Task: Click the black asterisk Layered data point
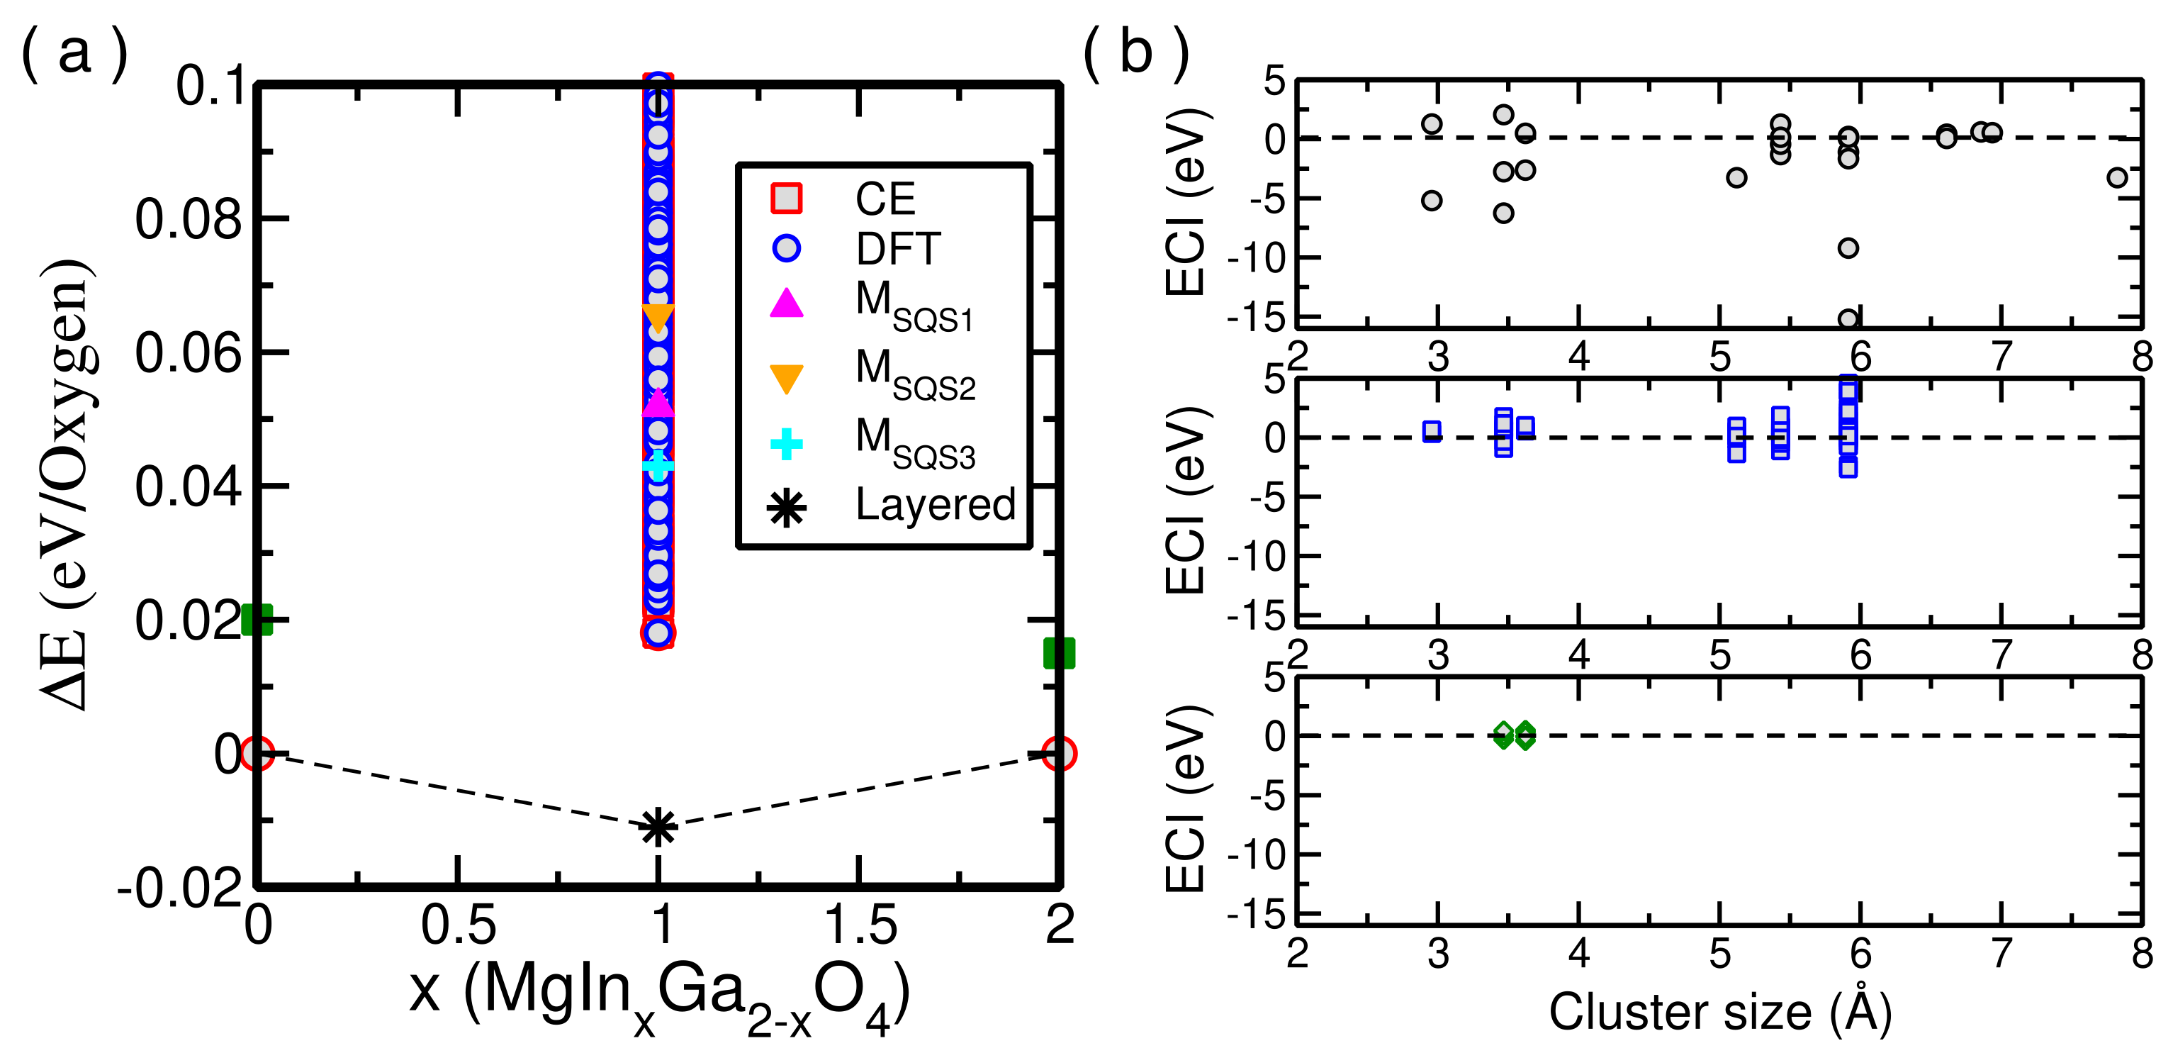click(658, 827)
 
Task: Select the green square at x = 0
click(257, 620)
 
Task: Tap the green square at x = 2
click(1059, 652)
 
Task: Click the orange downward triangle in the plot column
click(658, 318)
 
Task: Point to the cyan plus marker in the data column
click(658, 464)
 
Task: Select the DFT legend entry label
click(897, 249)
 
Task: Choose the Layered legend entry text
click(936, 505)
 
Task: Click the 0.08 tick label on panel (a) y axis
click(188, 219)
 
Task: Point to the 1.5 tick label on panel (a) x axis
click(860, 925)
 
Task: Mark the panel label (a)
click(74, 52)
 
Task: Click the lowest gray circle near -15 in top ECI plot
click(1848, 319)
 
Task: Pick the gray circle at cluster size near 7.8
click(2116, 177)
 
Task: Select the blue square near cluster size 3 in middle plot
click(1432, 431)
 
